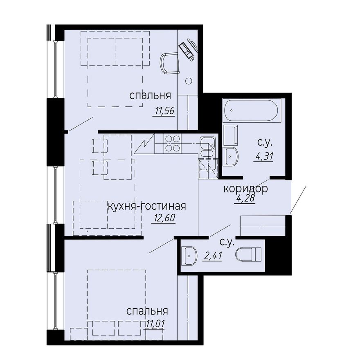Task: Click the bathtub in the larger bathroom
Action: [x=252, y=110]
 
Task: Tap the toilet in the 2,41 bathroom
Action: [x=248, y=254]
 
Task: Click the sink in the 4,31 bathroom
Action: [x=231, y=157]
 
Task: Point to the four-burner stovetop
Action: [x=172, y=144]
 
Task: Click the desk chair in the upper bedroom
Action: [x=169, y=63]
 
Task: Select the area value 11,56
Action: [x=164, y=111]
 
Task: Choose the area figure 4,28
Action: [x=245, y=198]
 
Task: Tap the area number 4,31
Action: [x=263, y=157]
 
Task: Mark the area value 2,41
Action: [x=213, y=256]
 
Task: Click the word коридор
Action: [x=245, y=189]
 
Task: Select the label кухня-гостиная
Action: [x=147, y=206]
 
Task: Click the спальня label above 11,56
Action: [x=150, y=95]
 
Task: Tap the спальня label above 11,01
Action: [x=147, y=311]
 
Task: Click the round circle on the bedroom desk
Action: [x=189, y=81]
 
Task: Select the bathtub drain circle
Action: [x=232, y=110]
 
